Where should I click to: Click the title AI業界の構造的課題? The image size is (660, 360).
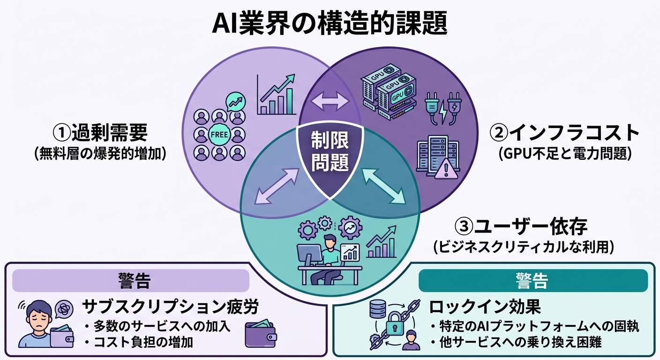tap(330, 23)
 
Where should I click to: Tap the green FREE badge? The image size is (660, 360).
tap(219, 135)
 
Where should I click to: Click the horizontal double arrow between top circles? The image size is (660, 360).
tap(330, 101)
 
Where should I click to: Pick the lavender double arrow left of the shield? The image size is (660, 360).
tap(276, 187)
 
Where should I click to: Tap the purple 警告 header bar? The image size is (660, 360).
tap(131, 281)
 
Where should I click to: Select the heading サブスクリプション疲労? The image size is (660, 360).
tap(171, 307)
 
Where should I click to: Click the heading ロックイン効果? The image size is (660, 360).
tap(485, 307)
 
